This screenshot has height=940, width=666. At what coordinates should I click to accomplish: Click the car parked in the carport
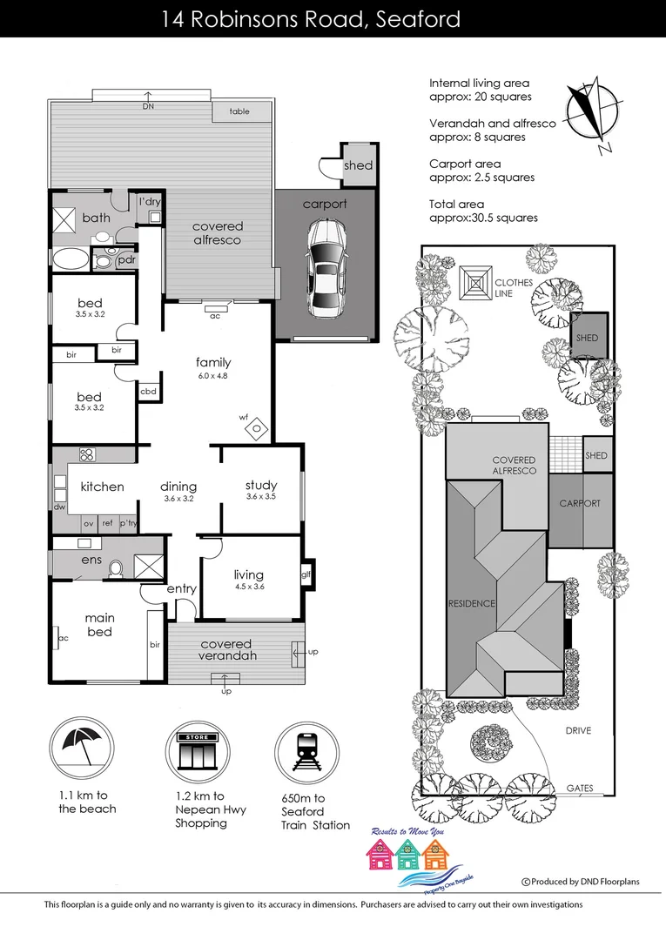click(x=326, y=269)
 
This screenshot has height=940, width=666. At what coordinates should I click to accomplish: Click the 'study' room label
click(x=261, y=485)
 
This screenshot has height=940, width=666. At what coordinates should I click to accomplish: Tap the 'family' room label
click(x=213, y=362)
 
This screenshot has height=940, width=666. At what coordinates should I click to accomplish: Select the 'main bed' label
click(x=99, y=624)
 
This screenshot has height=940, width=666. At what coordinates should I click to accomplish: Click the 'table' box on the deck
click(x=239, y=111)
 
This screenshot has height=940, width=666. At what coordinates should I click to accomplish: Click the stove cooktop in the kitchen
click(x=87, y=454)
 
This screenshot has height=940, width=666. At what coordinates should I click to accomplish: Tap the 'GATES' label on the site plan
click(x=580, y=789)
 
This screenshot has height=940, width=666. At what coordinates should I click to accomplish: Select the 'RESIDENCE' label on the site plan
click(x=471, y=603)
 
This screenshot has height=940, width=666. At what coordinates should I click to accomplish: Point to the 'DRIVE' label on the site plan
click(x=577, y=730)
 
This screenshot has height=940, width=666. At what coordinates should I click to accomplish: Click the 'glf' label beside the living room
click(x=306, y=574)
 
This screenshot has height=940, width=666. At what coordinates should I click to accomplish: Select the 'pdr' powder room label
click(x=126, y=259)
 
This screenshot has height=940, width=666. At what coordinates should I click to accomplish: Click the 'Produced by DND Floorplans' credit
click(x=580, y=882)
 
